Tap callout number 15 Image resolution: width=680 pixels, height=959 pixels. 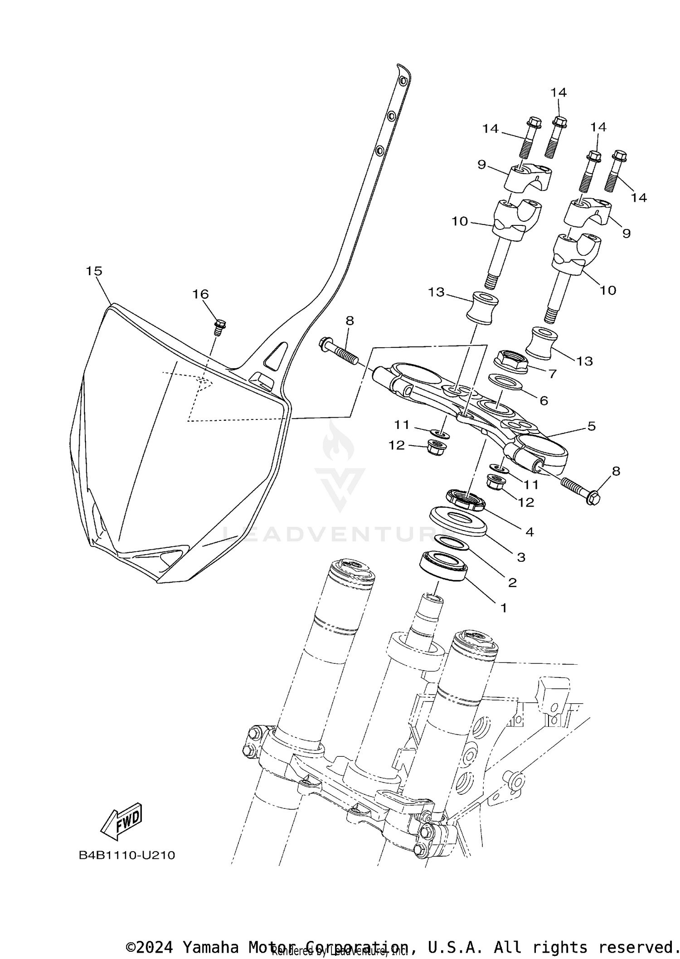tap(94, 271)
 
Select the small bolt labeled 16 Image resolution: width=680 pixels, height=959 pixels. tap(220, 327)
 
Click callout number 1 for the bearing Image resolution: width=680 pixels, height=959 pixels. tap(503, 608)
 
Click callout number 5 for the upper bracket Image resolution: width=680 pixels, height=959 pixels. tap(591, 426)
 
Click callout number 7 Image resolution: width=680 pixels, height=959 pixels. tap(552, 374)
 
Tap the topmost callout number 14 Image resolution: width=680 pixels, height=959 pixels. tap(559, 92)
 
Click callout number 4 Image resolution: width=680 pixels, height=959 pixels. tap(529, 532)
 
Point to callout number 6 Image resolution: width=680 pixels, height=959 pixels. tap(544, 400)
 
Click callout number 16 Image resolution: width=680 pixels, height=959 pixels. tap(200, 294)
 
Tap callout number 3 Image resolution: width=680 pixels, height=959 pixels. tap(521, 557)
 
